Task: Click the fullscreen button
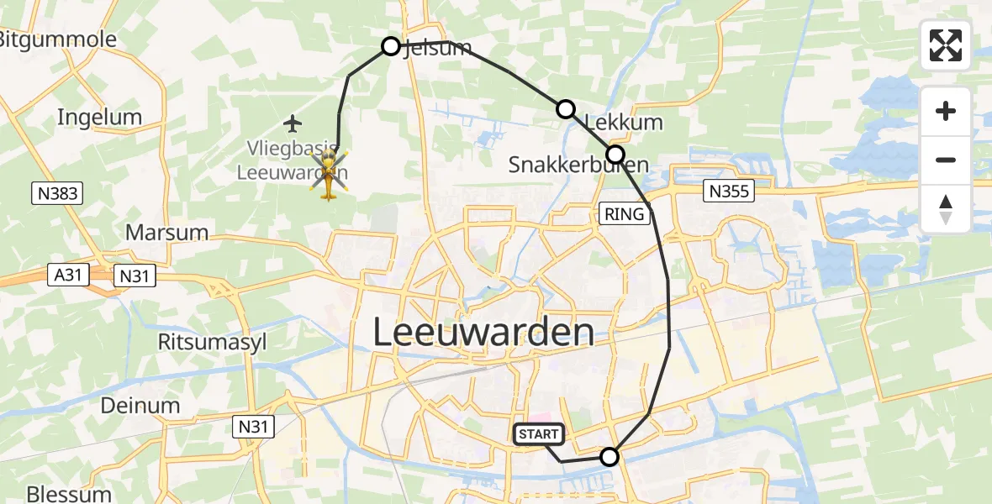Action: [946, 45]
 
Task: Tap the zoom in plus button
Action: [946, 112]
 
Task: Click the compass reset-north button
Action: [946, 208]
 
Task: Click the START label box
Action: [538, 434]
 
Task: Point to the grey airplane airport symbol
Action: [293, 124]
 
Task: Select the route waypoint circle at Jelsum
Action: [391, 46]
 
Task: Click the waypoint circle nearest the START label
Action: [609, 457]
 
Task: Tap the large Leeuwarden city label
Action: [483, 333]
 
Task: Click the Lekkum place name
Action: [623, 123]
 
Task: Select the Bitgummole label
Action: [57, 39]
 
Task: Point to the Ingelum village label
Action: [99, 118]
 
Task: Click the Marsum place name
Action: [166, 231]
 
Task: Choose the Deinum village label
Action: [140, 406]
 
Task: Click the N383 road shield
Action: [58, 194]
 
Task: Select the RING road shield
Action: [624, 214]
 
